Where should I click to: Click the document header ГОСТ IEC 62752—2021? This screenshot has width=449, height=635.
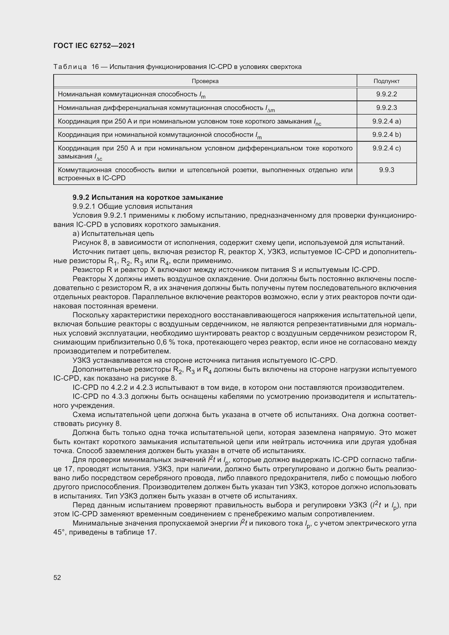pyautogui.click(x=94, y=46)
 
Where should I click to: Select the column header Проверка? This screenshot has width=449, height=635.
pyautogui.click(x=205, y=81)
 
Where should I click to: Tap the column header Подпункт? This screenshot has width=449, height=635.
pyautogui.click(x=386, y=81)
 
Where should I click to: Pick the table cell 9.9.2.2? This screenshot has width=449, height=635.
pyautogui.click(x=386, y=94)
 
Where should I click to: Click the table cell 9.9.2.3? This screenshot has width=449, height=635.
pyautogui.click(x=386, y=108)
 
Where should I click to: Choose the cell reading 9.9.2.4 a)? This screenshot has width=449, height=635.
pyautogui.click(x=386, y=121)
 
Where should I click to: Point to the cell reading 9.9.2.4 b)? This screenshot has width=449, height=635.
pyautogui.click(x=386, y=135)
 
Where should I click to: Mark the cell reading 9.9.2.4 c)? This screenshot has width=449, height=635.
pyautogui.click(x=386, y=148)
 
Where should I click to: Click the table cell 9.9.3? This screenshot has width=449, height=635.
pyautogui.click(x=386, y=170)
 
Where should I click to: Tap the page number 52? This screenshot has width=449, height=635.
pyautogui.click(x=57, y=577)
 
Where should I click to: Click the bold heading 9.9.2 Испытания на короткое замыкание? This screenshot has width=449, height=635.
pyautogui.click(x=148, y=197)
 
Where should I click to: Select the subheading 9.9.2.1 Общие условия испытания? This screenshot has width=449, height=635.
pyautogui.click(x=132, y=206)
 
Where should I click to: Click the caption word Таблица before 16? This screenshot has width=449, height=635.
pyautogui.click(x=70, y=67)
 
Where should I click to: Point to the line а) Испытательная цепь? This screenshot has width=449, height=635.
pyautogui.click(x=113, y=233)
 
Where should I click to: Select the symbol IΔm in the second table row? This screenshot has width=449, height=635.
pyautogui.click(x=270, y=109)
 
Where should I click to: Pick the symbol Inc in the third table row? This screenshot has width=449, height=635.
pyautogui.click(x=317, y=122)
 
